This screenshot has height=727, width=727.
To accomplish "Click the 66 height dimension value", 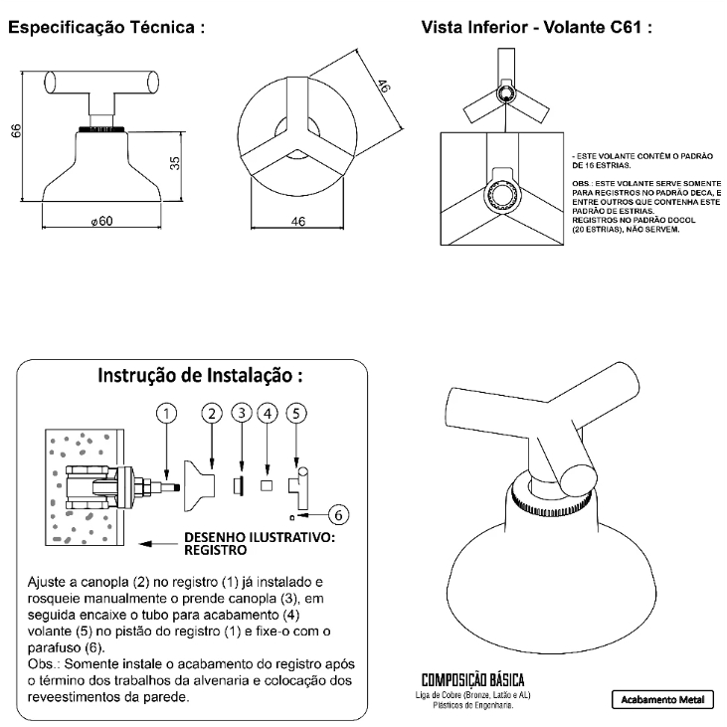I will (17, 132).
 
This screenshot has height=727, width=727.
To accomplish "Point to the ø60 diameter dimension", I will (98, 221).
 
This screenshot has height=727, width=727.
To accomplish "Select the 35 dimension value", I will (175, 162).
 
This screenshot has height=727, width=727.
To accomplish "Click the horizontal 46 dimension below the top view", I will (297, 221).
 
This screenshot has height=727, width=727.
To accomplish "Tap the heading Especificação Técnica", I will (107, 29).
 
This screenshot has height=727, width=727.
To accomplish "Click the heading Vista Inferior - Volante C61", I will (537, 29).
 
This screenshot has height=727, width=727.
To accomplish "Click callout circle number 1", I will (169, 412).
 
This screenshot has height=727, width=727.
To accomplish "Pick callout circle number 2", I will (211, 412).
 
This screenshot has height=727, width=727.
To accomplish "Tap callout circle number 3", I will (242, 412).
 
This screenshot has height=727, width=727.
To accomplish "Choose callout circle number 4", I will (267, 412).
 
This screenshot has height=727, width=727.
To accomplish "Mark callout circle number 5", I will (295, 412).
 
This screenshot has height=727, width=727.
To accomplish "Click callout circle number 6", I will (338, 514).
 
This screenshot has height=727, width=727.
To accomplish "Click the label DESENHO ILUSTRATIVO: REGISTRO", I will (261, 542).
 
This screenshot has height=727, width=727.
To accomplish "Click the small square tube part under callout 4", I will (267, 485).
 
